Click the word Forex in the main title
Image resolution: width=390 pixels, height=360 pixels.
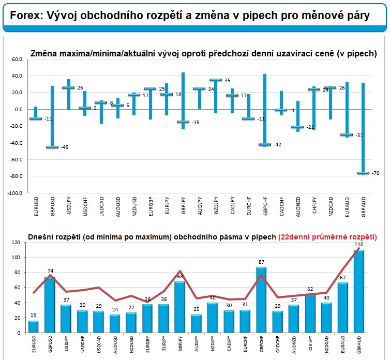[24, 16]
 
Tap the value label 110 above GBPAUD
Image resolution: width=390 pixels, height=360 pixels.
[358, 244]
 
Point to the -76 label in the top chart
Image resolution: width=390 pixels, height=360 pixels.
[376, 173]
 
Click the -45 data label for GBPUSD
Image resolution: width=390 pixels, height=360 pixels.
[65, 147]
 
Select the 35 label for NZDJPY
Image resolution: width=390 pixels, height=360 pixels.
[227, 80]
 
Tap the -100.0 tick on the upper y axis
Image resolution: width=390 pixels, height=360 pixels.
[15, 193]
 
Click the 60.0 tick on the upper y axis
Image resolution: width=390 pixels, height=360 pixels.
[17, 59]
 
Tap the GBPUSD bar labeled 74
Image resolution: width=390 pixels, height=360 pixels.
[50, 306]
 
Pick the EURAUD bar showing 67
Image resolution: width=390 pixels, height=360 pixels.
[342, 309]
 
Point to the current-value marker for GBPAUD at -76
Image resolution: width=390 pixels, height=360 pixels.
[363, 173]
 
